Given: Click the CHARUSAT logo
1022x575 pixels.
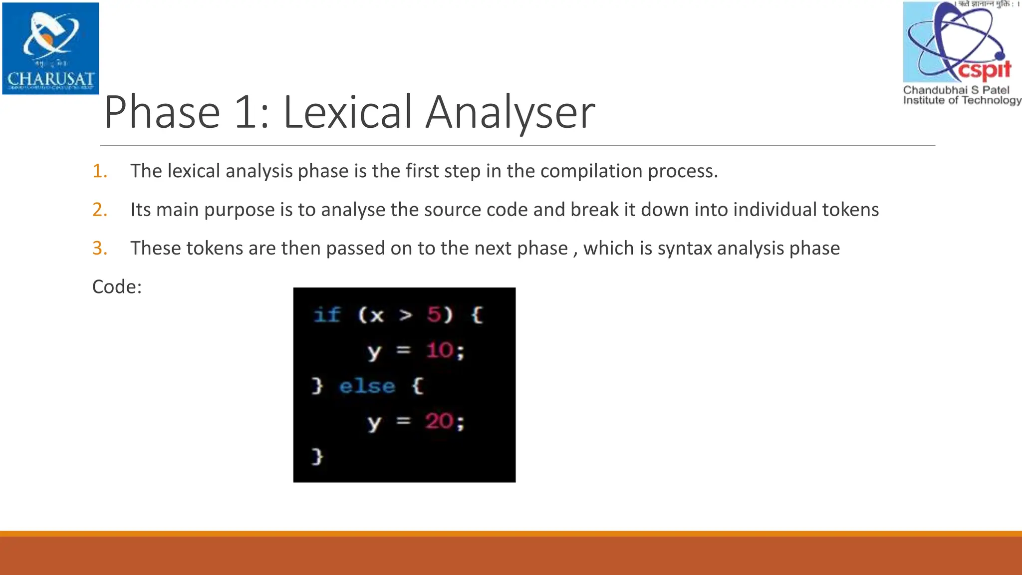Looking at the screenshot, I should [50, 48].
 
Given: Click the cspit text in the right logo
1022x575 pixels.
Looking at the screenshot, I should [984, 69].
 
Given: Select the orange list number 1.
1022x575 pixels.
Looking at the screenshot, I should [100, 171].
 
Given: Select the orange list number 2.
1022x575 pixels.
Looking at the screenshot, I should [100, 210].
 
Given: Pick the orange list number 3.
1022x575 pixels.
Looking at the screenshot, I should [100, 248].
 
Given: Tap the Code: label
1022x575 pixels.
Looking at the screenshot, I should [117, 287].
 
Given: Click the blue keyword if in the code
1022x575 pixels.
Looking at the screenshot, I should [327, 315].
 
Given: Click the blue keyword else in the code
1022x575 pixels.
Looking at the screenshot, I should [367, 386].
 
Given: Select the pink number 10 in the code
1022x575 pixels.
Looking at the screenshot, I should [439, 350].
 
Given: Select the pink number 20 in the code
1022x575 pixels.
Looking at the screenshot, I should [439, 422].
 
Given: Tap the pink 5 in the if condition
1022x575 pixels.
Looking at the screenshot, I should [434, 315].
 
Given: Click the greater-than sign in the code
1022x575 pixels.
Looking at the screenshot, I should [406, 315].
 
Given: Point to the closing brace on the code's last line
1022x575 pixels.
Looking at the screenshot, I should [317, 456].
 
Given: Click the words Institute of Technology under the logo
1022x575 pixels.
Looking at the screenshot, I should [962, 100].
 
